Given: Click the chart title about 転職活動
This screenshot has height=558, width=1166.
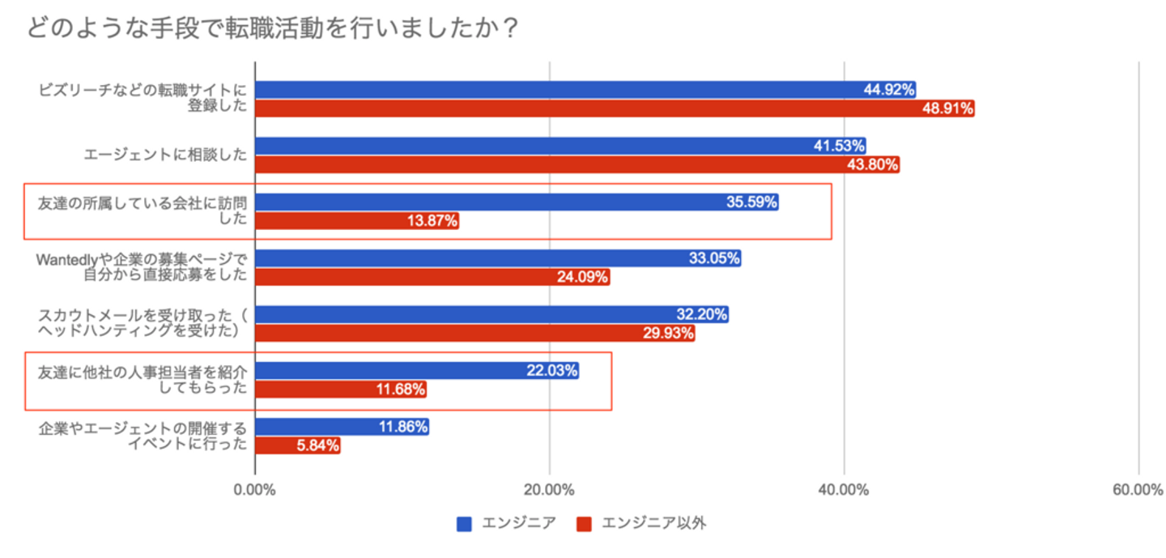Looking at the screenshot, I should [x=272, y=28].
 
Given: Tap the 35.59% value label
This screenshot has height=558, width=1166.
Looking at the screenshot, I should [x=752, y=202].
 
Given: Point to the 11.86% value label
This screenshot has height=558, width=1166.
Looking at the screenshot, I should [x=402, y=427].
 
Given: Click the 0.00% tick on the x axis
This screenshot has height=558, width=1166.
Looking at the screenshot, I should [x=254, y=490].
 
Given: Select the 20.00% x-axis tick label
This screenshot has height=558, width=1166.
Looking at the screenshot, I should [x=550, y=490].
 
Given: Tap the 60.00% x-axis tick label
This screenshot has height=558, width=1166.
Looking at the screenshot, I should [x=1138, y=490].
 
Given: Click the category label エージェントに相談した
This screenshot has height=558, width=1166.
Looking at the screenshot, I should [x=165, y=155].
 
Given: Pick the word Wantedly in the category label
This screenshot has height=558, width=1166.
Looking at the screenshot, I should [x=66, y=259].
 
